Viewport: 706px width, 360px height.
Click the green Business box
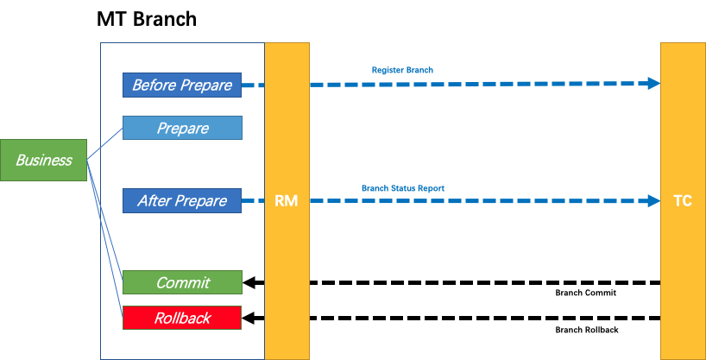(43, 160)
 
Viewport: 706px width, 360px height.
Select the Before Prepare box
(181, 85)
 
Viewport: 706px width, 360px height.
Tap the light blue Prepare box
(181, 128)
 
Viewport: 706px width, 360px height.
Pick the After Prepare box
(181, 200)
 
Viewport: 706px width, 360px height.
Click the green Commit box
(181, 282)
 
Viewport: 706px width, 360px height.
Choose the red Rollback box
(181, 318)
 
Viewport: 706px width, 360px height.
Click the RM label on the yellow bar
(286, 201)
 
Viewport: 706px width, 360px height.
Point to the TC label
(682, 201)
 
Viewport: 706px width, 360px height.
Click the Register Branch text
(402, 69)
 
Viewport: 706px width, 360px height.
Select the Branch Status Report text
(402, 187)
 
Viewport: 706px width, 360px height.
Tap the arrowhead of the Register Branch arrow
(654, 84)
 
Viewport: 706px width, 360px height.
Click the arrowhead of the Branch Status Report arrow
(654, 200)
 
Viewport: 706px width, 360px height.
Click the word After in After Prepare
(154, 200)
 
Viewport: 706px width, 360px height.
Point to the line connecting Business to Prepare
(104, 144)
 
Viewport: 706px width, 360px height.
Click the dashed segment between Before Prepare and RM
(253, 85)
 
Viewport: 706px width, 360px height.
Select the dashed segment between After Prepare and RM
(253, 200)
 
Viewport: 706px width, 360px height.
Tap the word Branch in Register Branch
(418, 69)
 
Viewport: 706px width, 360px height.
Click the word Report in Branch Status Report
(432, 187)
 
